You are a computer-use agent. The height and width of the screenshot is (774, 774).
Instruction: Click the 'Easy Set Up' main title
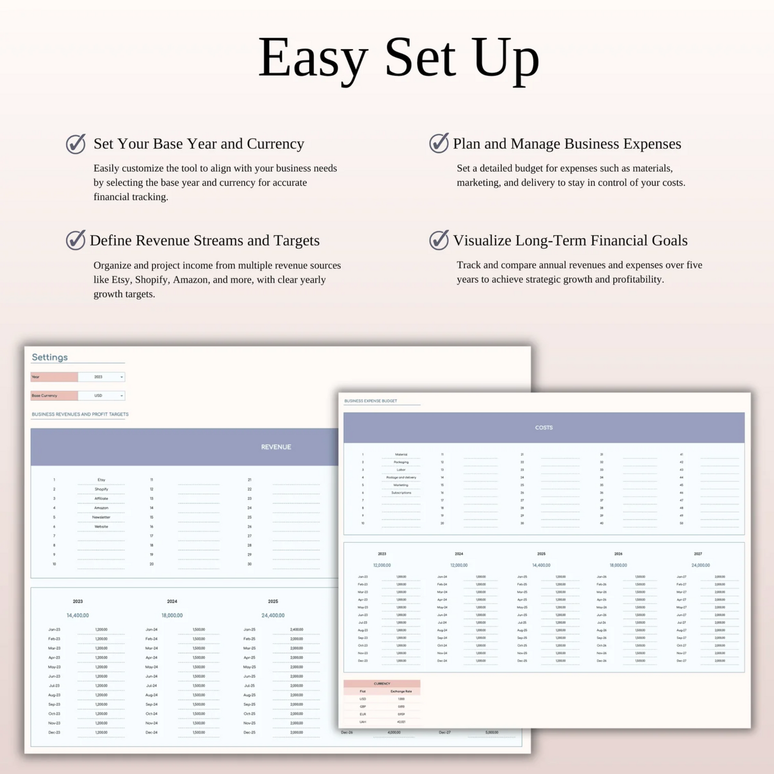[399, 58]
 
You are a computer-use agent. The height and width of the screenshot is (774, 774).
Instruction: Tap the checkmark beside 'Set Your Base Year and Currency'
[76, 144]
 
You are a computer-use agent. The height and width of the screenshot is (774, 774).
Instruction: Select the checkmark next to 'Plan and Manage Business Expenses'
[439, 143]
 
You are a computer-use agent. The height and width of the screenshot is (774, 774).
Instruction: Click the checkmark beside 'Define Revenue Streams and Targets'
[76, 240]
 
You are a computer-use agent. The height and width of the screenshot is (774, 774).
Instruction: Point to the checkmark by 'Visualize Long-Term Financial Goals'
[439, 240]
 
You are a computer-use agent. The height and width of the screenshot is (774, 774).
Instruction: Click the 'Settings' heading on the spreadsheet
[50, 357]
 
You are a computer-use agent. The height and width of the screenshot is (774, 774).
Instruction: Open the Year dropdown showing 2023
[101, 377]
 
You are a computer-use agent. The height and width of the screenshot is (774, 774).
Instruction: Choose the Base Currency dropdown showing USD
[101, 396]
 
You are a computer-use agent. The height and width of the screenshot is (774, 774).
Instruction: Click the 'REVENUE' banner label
[276, 447]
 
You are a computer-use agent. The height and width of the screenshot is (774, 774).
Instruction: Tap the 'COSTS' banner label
[544, 427]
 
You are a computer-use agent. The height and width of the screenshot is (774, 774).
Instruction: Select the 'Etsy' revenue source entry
[101, 480]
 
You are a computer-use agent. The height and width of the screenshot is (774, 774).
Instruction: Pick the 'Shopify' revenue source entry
[101, 489]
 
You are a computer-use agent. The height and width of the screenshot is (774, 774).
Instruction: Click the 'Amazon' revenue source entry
[101, 508]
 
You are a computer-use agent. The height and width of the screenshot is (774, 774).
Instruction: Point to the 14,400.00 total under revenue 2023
[78, 615]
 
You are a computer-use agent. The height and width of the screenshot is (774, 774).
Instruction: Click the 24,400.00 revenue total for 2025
[273, 615]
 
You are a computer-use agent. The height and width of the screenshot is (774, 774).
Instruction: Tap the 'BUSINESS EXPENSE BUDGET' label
[371, 401]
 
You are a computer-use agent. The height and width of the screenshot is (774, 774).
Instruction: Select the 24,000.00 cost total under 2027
[701, 565]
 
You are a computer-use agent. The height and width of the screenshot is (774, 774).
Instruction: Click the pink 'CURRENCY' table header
[382, 683]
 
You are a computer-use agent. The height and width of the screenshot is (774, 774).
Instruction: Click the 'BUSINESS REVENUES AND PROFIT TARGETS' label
[80, 414]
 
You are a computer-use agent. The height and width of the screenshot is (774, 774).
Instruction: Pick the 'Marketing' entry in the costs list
[401, 485]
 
